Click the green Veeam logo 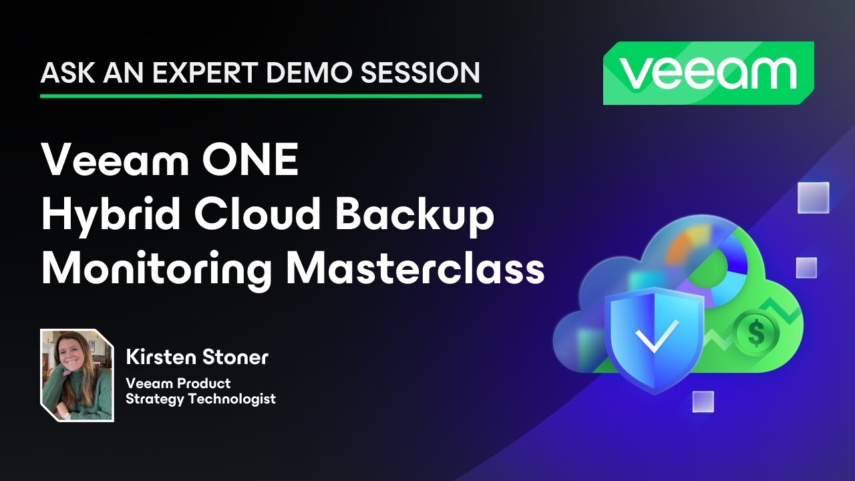[709, 73]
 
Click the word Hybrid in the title [100, 215]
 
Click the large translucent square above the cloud [813, 198]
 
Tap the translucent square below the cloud [703, 402]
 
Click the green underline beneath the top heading [261, 96]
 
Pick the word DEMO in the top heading [315, 72]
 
